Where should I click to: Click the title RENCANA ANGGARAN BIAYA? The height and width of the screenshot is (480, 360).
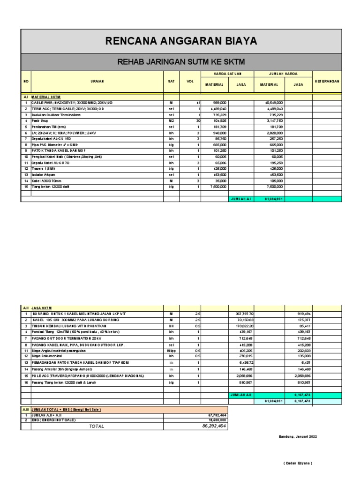[x=181, y=41]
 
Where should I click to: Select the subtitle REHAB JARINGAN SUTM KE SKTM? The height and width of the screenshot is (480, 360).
[x=181, y=62]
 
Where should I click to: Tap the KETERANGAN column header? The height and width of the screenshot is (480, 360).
[x=326, y=81]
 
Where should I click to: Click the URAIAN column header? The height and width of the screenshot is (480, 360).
[x=97, y=81]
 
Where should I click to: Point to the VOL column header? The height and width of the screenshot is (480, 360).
[x=190, y=81]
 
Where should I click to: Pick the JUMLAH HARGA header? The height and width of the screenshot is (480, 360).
[x=283, y=74]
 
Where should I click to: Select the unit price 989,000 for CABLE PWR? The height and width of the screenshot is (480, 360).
[x=219, y=102]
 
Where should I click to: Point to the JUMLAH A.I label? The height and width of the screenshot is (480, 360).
[x=241, y=199]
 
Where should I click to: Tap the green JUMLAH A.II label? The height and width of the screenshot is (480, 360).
[x=241, y=395]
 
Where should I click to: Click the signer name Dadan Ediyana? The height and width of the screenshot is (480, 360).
[x=298, y=463]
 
